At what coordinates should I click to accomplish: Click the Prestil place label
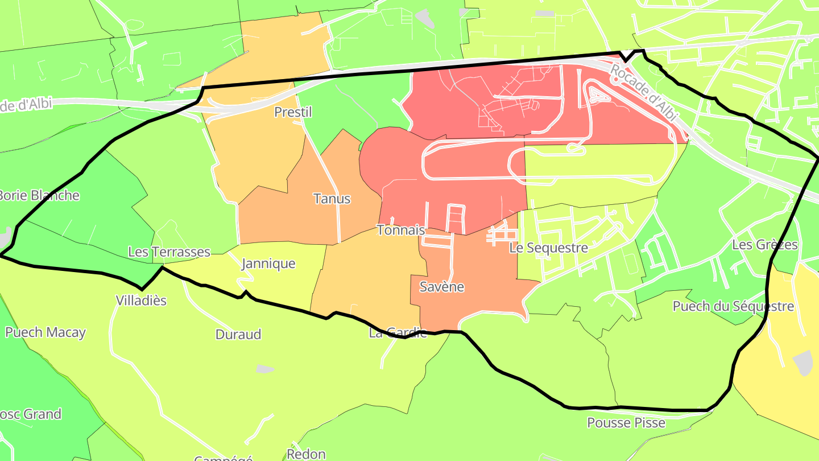293,112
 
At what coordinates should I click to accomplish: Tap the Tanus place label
332,199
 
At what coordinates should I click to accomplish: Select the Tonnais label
401,230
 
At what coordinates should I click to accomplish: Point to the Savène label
441,287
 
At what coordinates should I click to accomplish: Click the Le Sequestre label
548,248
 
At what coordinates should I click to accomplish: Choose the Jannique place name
268,264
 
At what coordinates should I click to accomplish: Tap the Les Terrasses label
169,252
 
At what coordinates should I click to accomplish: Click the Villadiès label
141,301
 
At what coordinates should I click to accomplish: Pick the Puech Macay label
45,332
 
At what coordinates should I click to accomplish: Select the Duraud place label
238,334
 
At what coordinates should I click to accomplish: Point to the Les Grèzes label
765,245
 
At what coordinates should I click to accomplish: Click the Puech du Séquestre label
733,306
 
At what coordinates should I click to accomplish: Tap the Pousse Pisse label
626,423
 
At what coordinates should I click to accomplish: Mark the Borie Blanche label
38,195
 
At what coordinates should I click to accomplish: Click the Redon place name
306,454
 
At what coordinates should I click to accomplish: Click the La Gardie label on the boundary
398,333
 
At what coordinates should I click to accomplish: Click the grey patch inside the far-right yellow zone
803,363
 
